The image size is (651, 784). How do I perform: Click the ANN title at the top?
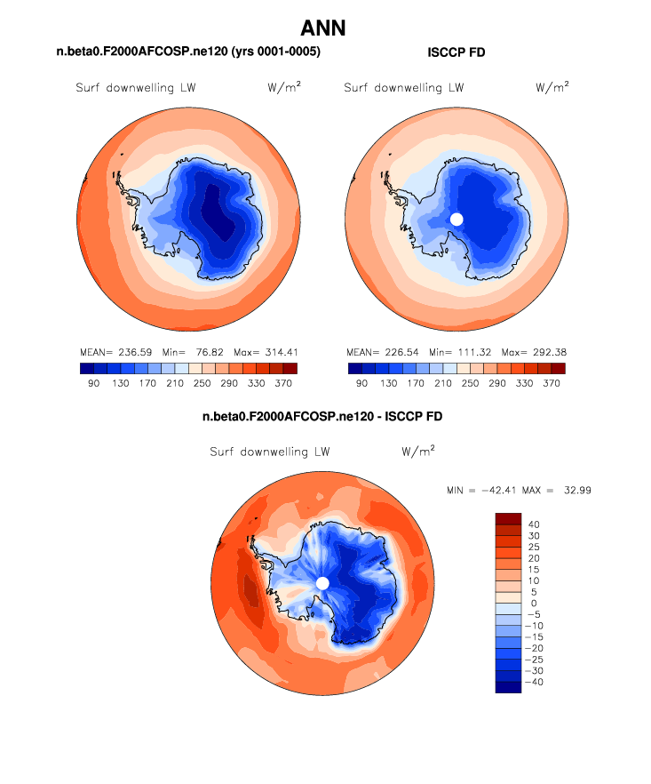pos(323,28)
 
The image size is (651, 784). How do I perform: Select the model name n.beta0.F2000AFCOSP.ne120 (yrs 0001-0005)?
pos(188,53)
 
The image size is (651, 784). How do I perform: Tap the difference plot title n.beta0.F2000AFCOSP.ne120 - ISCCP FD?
pos(322,416)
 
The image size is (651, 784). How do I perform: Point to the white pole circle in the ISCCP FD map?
pos(456,219)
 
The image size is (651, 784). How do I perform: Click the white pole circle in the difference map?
pos(322,582)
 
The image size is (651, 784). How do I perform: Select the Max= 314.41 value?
pos(265,352)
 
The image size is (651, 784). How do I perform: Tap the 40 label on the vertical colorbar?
pos(533,524)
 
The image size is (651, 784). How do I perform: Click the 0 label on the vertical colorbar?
pos(533,604)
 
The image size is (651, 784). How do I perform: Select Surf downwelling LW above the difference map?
pos(270,452)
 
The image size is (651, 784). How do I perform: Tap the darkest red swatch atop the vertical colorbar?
pos(508,518)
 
